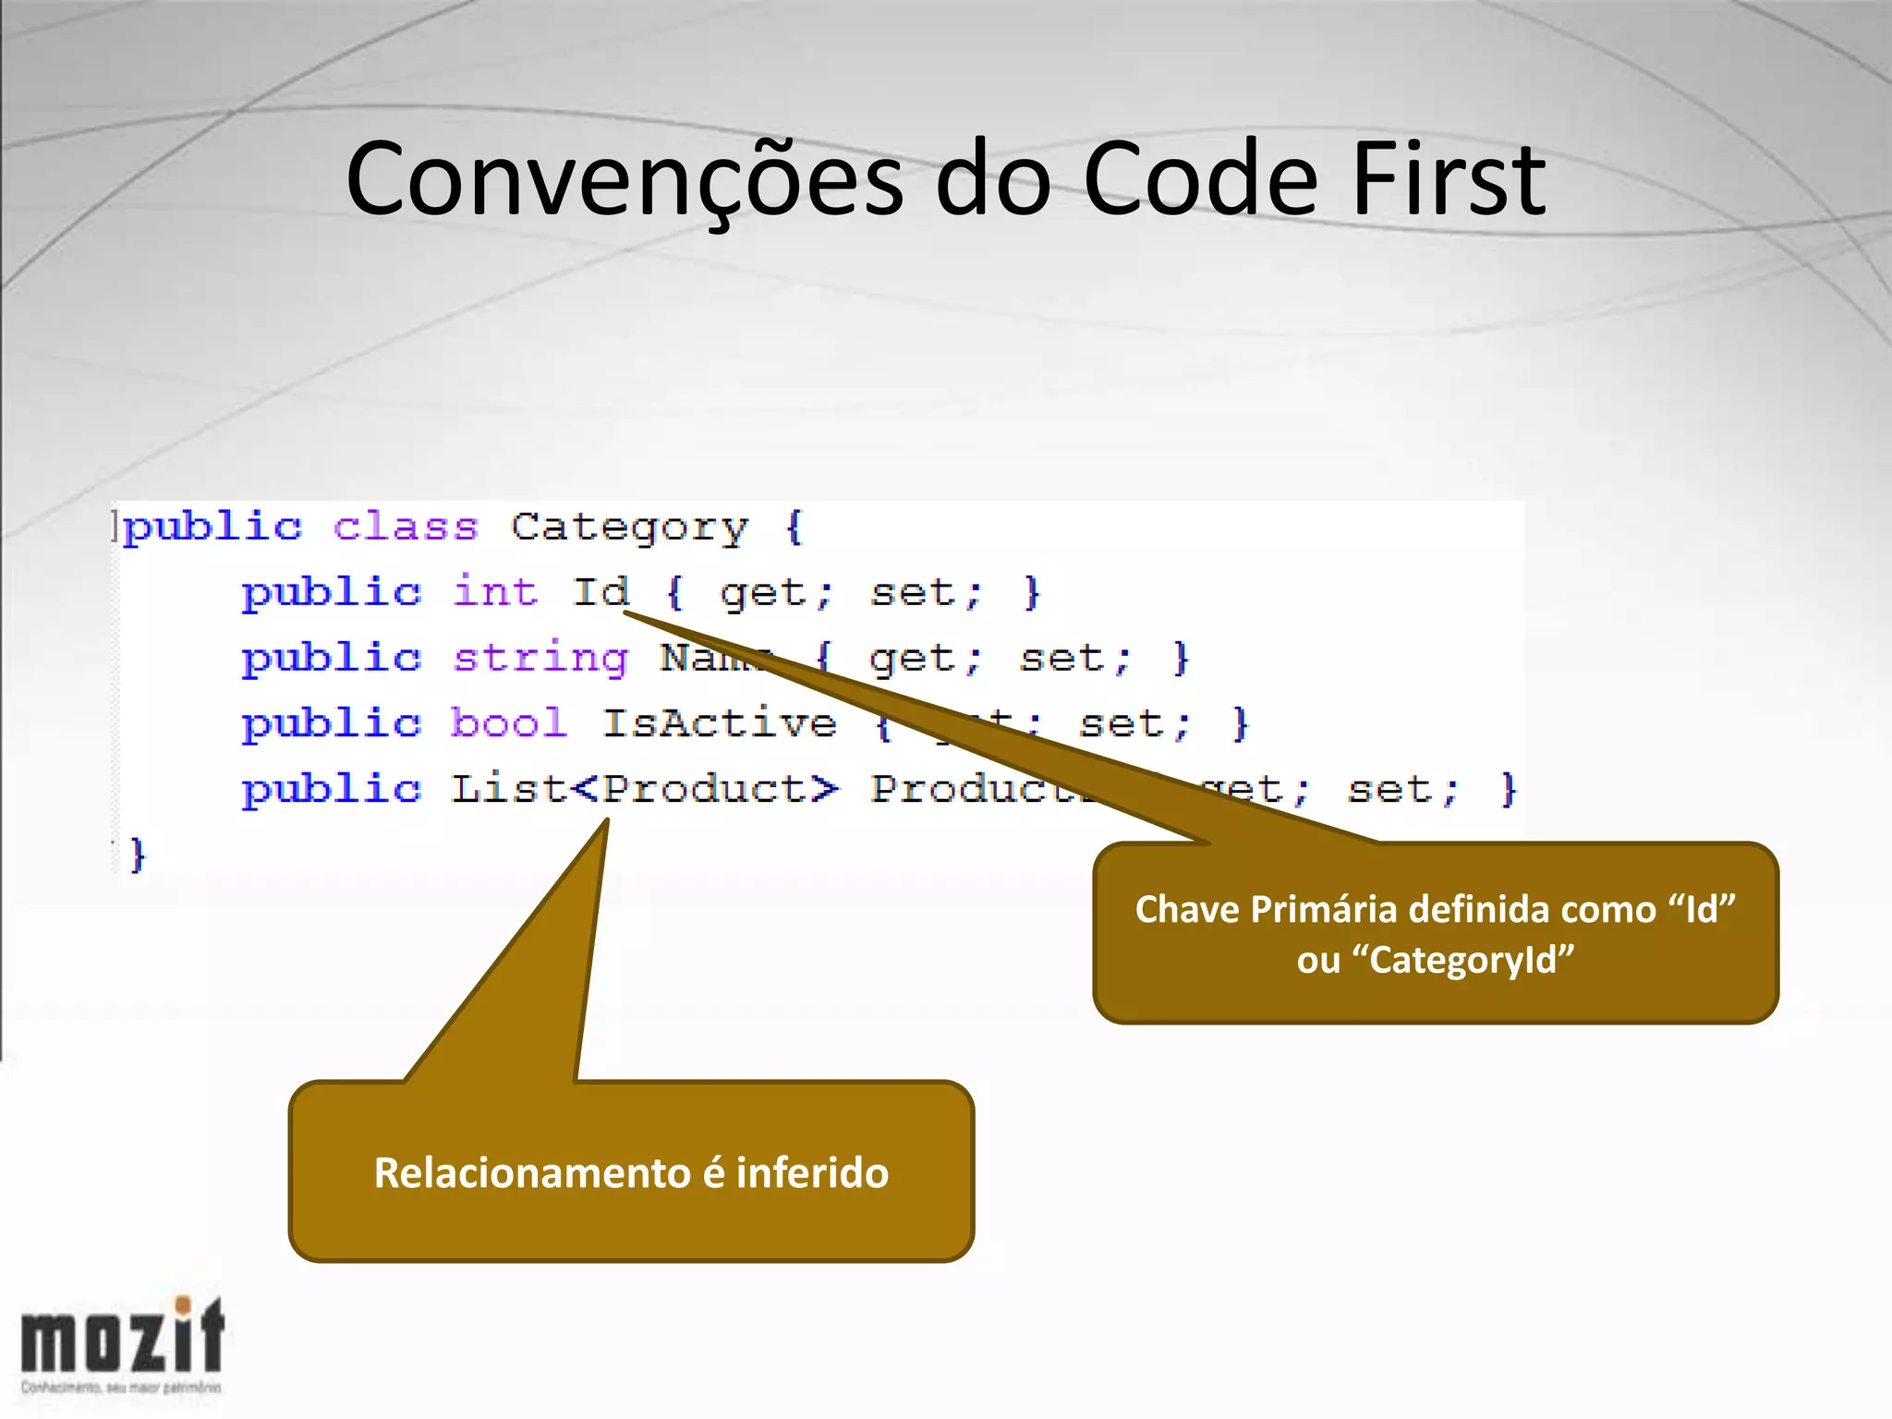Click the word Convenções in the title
click(624, 180)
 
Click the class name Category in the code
click(629, 528)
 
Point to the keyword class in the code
click(406, 527)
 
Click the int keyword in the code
click(495, 592)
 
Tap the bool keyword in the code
click(509, 723)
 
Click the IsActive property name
click(720, 723)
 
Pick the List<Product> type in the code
click(644, 790)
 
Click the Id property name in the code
click(600, 592)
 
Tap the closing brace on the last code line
click(138, 855)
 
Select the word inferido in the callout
click(813, 1173)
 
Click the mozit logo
click(123, 1336)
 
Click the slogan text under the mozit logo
click(121, 1388)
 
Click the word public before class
click(212, 528)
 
